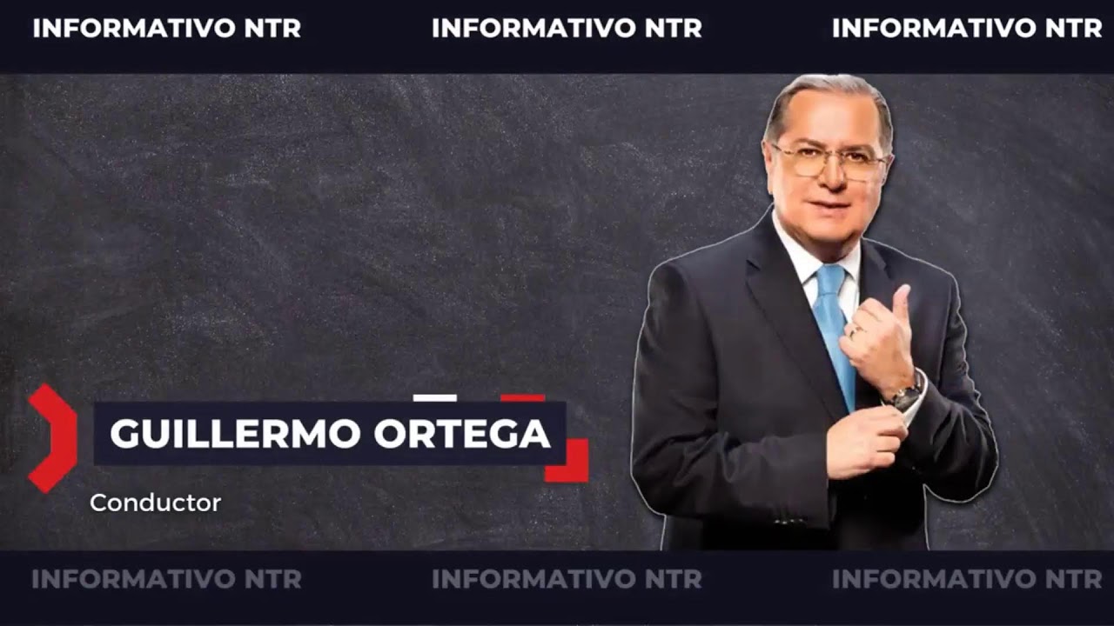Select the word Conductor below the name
tap(155, 503)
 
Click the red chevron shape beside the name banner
tap(52, 437)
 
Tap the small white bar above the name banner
tap(434, 398)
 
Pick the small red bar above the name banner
tap(522, 398)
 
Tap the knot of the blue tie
tap(829, 281)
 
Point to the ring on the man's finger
tap(855, 330)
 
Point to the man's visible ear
tap(886, 165)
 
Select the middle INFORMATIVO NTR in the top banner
tap(567, 28)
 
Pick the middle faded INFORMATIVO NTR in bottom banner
tap(567, 579)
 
